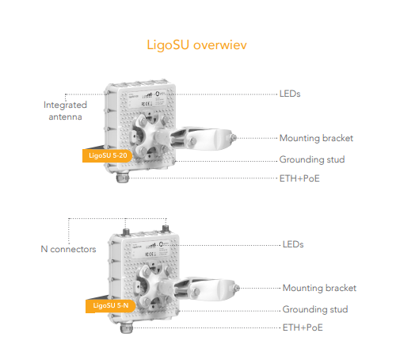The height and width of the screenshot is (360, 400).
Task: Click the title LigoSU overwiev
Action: [x=196, y=44]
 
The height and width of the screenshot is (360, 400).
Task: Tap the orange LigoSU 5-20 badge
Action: [x=108, y=155]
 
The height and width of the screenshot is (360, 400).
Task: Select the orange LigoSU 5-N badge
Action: [x=110, y=305]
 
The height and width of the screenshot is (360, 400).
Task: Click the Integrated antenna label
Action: [x=65, y=111]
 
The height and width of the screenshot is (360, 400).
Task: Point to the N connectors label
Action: [x=68, y=249]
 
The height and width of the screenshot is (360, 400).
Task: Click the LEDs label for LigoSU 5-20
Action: [x=290, y=94]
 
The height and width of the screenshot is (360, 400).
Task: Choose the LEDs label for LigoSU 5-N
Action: [x=293, y=244]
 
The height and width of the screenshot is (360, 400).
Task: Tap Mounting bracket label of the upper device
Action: [x=316, y=138]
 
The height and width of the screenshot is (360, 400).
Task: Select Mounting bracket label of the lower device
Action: [x=319, y=288]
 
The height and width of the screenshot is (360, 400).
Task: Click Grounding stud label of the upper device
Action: [x=312, y=159]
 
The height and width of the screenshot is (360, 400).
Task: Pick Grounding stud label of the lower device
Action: [x=315, y=309]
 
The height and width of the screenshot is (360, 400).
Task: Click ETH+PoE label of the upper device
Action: [x=299, y=178]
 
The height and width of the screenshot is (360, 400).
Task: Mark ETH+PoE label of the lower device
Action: [x=303, y=327]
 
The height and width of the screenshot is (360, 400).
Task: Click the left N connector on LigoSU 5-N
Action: [x=125, y=232]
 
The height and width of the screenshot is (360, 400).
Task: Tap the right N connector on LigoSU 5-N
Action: [x=166, y=228]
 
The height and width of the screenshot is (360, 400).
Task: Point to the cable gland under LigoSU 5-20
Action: [x=122, y=178]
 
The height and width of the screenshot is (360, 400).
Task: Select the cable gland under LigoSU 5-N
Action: [x=126, y=328]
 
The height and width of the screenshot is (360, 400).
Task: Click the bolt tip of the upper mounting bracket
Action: [x=234, y=138]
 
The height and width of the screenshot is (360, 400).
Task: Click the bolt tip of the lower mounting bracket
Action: [x=237, y=288]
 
